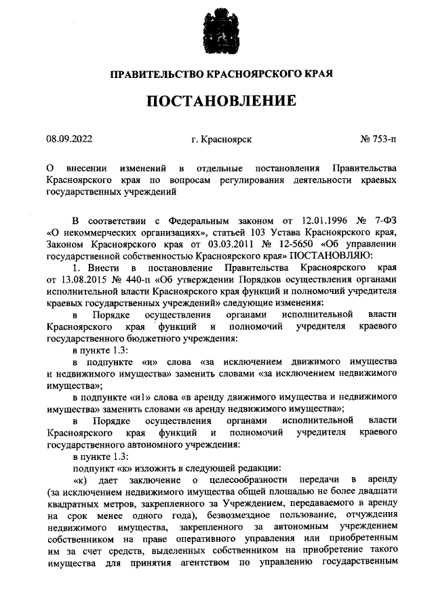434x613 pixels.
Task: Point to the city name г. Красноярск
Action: point(222,140)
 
